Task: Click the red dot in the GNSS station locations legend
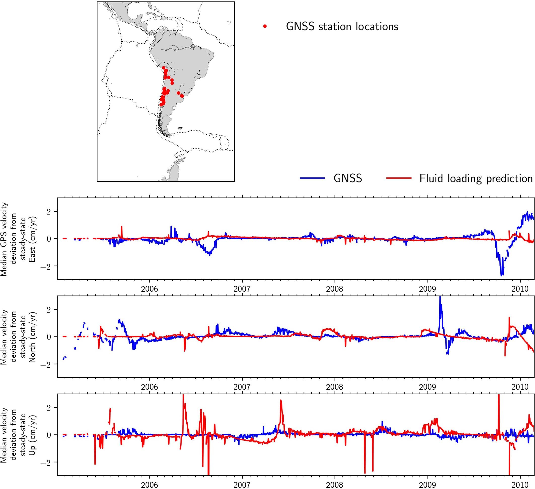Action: [x=265, y=26]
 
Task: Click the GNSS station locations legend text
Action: [x=342, y=26]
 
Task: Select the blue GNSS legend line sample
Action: [x=312, y=178]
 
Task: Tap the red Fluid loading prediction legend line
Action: [x=399, y=178]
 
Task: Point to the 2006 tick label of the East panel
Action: [x=149, y=289]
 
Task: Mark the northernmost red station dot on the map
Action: [x=163, y=68]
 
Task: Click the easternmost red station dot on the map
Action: [x=182, y=96]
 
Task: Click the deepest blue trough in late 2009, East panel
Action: [x=502, y=275]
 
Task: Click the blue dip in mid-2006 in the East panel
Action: [x=210, y=254]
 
